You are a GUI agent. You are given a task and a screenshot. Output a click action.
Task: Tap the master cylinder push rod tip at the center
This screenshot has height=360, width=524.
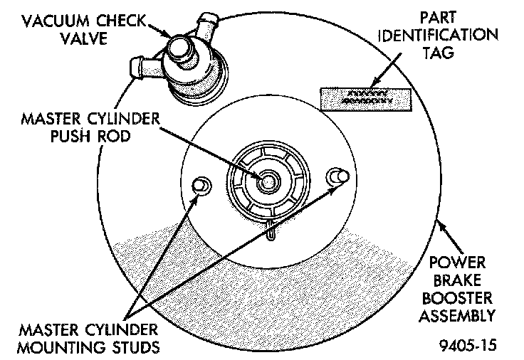[268, 181]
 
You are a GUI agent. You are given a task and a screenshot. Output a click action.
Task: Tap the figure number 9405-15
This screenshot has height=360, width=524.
[467, 346]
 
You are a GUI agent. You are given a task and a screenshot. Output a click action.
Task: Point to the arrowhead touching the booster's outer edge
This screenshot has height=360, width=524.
[441, 227]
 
